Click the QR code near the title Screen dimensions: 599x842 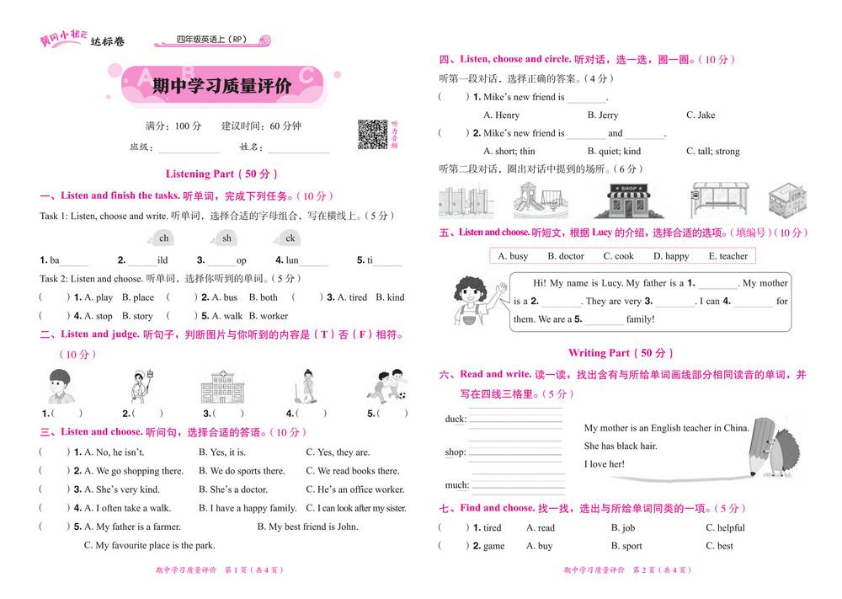tap(372, 134)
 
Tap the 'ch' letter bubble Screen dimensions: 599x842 tap(163, 238)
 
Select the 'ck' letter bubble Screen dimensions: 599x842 tap(290, 238)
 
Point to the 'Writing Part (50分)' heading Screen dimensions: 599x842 tap(621, 353)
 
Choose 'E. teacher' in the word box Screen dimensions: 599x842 tap(727, 256)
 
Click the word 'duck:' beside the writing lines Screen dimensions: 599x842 tap(456, 420)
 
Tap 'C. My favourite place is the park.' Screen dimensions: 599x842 tap(149, 545)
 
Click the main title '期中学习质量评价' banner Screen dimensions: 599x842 tap(221, 86)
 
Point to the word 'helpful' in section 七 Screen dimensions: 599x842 tap(731, 528)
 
